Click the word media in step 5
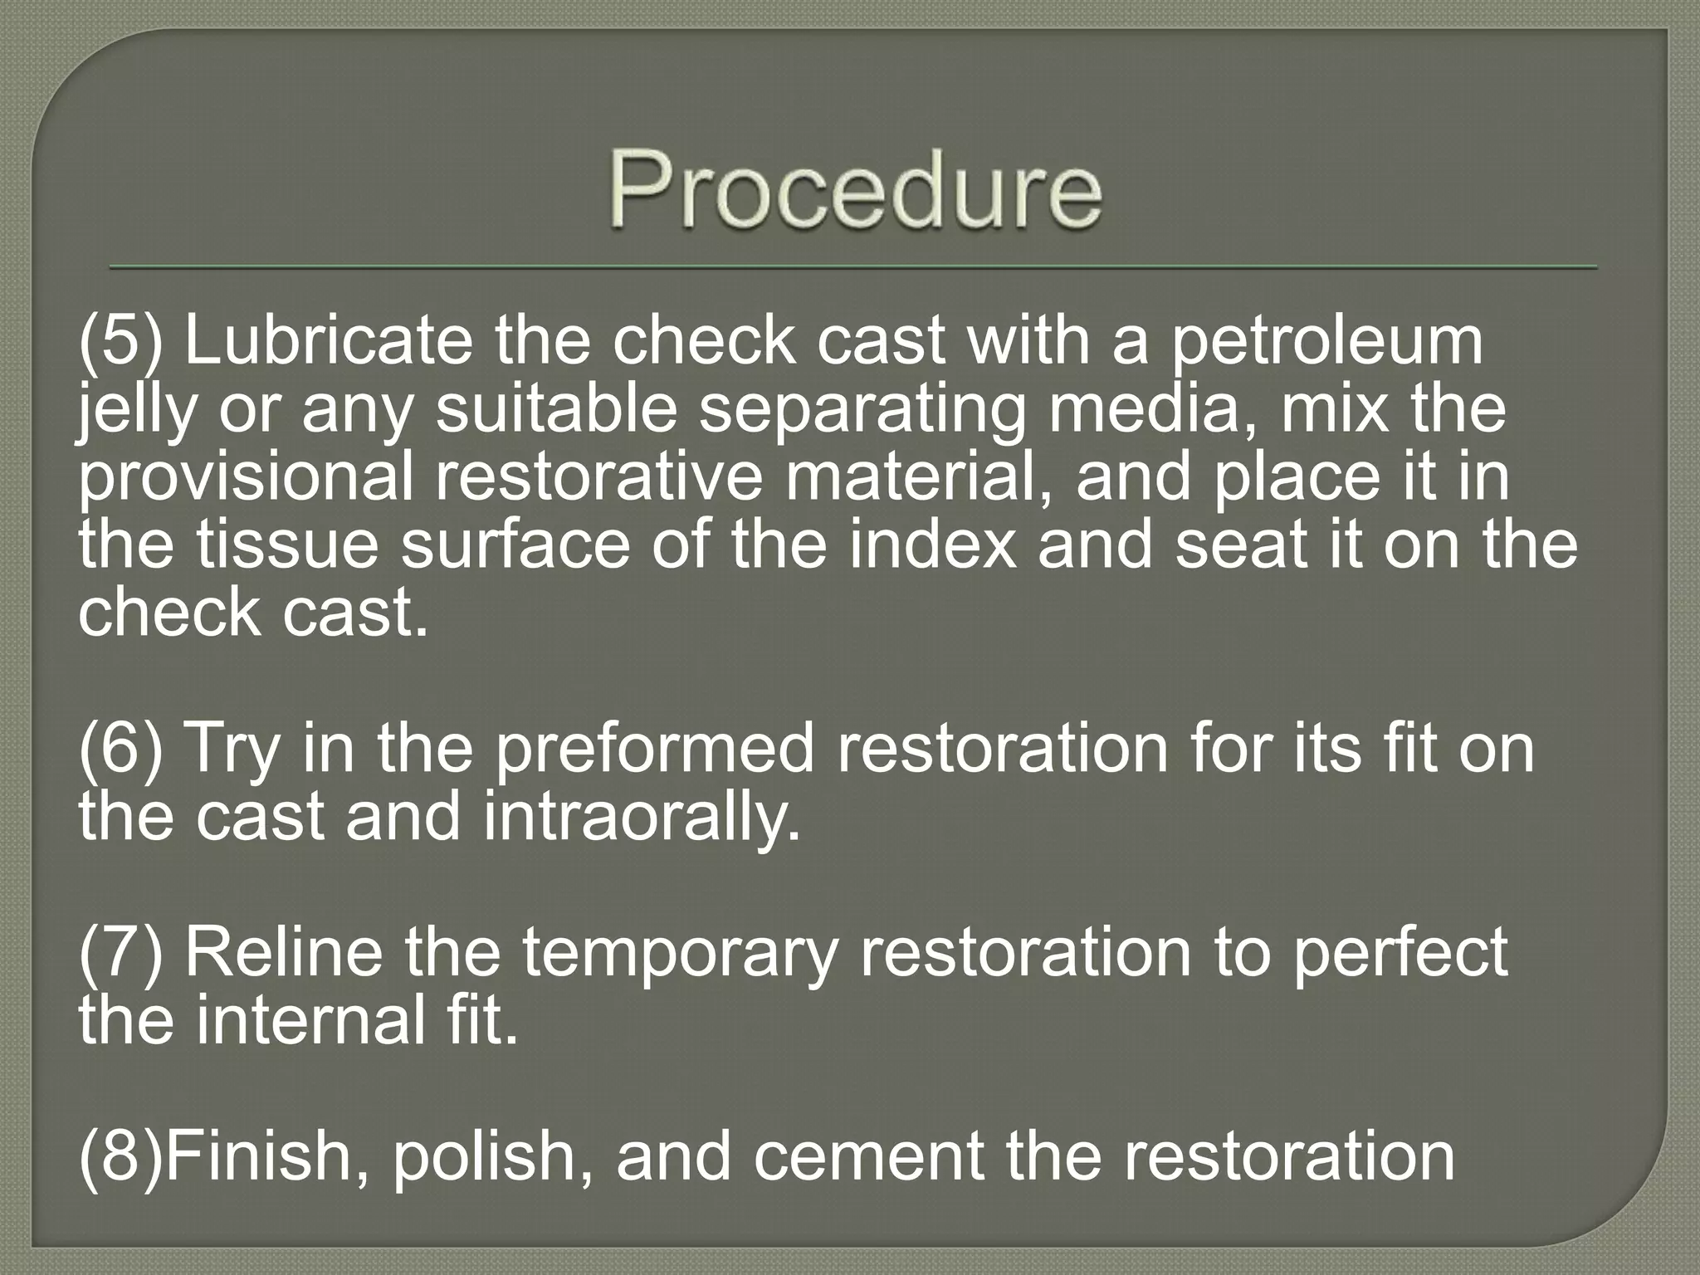tap(1154, 410)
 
